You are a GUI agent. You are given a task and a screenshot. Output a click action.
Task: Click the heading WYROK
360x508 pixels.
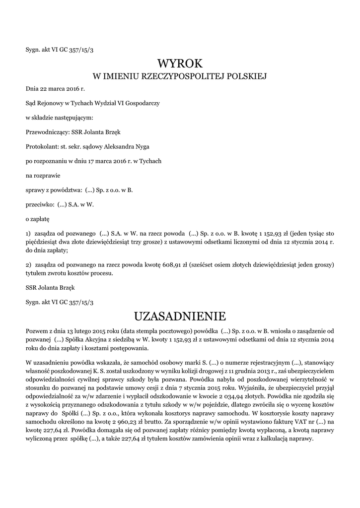[180, 63]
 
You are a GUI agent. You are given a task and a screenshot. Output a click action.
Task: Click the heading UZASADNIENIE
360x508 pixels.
[180, 316]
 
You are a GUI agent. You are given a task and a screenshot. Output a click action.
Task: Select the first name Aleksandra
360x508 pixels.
[118, 146]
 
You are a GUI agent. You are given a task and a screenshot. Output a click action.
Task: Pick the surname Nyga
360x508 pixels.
[142, 146]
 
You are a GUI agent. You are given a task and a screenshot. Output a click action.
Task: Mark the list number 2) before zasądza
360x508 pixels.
[29, 265]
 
